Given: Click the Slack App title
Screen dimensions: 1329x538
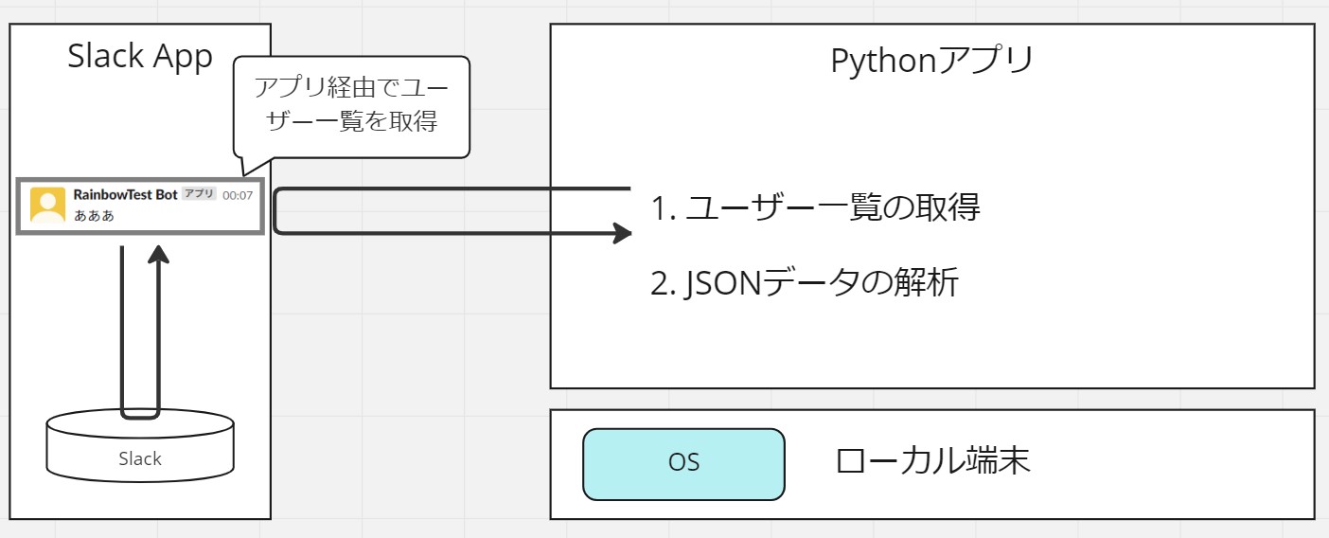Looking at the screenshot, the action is [x=140, y=57].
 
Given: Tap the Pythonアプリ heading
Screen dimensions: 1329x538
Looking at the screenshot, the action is [x=931, y=62].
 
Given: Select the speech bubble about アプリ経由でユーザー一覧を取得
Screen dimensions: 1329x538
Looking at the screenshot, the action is [x=352, y=107].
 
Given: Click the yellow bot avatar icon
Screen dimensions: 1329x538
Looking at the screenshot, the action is [x=47, y=205].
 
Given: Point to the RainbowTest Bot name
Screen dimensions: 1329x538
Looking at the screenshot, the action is [x=125, y=195].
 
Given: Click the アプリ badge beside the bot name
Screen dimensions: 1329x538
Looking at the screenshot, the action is [x=199, y=193].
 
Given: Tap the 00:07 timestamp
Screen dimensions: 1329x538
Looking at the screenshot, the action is [x=238, y=195].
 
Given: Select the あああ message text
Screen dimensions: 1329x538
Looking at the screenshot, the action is [x=94, y=216].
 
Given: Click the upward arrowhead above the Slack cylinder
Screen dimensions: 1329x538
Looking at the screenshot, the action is [x=158, y=254].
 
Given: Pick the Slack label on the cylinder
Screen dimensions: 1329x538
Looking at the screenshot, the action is [x=140, y=458].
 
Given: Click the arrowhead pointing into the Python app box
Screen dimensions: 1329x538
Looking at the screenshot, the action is [x=622, y=233].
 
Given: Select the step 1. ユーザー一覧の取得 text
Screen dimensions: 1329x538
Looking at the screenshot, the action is [x=815, y=207].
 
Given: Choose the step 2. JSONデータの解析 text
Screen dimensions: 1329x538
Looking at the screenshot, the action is [x=805, y=282].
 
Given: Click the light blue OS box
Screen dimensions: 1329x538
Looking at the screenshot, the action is [x=684, y=464].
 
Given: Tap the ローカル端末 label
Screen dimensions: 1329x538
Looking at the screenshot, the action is [x=932, y=460].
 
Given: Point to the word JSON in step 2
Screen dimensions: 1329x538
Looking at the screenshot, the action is [x=723, y=282].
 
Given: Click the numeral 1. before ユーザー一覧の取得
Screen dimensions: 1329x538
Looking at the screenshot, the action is [x=664, y=208].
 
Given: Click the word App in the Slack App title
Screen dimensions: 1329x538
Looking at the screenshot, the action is [x=183, y=58].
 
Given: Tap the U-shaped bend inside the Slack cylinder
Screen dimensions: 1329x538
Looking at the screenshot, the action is [x=140, y=416].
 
